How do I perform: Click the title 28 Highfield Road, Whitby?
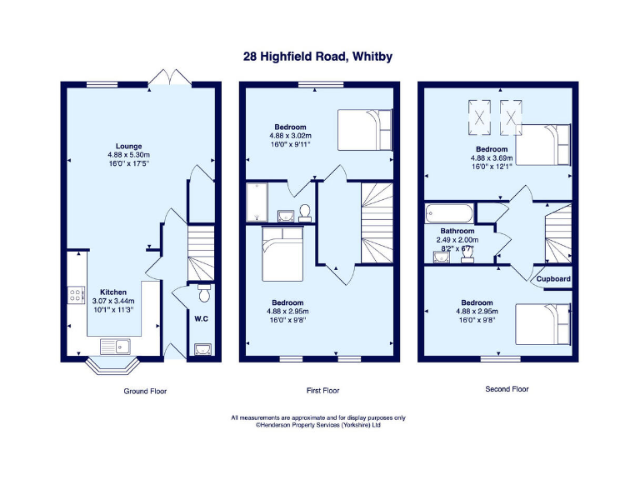point(317,57)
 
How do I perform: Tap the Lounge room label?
point(127,146)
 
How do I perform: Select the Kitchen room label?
point(113,292)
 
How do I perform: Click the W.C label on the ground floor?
point(200,317)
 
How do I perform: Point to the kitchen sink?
point(114,345)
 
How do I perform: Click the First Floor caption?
point(318,390)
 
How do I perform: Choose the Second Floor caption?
point(507,389)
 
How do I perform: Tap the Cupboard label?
point(553,278)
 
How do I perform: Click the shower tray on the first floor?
point(256,202)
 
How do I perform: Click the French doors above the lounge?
point(170,77)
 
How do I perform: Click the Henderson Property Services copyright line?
point(318,424)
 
